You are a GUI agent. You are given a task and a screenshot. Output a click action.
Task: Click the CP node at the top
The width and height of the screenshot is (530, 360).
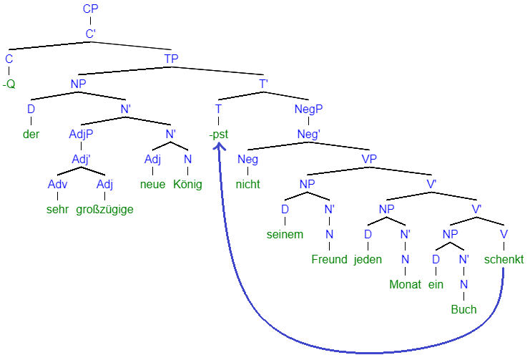(90, 9)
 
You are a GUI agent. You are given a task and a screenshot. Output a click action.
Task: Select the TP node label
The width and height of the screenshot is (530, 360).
(171, 59)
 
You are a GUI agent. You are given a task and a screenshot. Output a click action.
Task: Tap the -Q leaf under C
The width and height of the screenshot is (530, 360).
(9, 84)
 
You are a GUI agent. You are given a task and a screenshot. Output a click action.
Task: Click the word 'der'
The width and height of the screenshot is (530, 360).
(31, 134)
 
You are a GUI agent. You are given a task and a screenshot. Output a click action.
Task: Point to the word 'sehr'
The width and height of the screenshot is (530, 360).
(57, 209)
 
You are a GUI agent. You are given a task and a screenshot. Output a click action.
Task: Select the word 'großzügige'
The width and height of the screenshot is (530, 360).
(104, 210)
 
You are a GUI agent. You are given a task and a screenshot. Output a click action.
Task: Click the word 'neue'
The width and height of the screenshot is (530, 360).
(153, 184)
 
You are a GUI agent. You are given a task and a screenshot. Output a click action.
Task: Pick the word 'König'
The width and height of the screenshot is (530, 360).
(187, 184)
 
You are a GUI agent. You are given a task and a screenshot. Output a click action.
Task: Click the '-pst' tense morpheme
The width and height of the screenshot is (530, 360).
(219, 135)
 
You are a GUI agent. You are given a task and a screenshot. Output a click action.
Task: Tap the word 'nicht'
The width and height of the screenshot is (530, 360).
(247, 184)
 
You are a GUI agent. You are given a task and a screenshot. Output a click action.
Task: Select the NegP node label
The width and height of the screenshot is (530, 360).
(308, 110)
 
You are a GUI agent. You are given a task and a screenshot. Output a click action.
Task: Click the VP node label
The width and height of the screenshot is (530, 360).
(369, 159)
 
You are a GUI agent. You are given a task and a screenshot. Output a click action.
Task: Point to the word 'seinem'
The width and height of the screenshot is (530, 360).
(285, 234)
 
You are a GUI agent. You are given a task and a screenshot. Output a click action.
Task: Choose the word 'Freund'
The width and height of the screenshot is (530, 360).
(329, 259)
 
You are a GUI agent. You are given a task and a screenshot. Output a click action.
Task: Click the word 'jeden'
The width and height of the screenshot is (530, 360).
(368, 260)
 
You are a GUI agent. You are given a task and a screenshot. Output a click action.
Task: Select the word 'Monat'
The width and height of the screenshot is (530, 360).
(405, 284)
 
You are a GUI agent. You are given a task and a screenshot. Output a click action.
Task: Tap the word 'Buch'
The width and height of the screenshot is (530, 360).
(463, 309)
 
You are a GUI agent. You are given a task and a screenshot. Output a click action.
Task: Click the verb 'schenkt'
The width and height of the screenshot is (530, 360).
(504, 259)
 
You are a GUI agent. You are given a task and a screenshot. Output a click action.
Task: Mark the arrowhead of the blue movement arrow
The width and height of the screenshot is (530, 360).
(219, 143)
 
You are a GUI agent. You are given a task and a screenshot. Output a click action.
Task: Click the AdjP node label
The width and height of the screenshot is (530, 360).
(81, 135)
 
